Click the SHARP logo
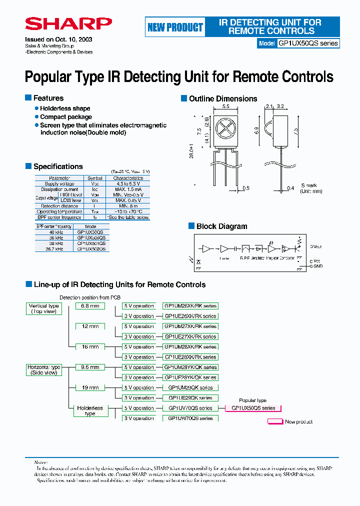point(68,24)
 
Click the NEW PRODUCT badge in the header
point(175,27)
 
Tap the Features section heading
point(48,98)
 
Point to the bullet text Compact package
point(66,117)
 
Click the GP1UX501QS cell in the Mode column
point(91,243)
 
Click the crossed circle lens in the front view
point(225,128)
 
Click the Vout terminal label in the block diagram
point(316,246)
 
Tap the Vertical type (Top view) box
point(43,308)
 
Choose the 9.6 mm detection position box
point(90,367)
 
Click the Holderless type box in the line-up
point(90,410)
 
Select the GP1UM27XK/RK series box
point(190,326)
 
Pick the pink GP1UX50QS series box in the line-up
point(253,408)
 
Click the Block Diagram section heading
point(221,226)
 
